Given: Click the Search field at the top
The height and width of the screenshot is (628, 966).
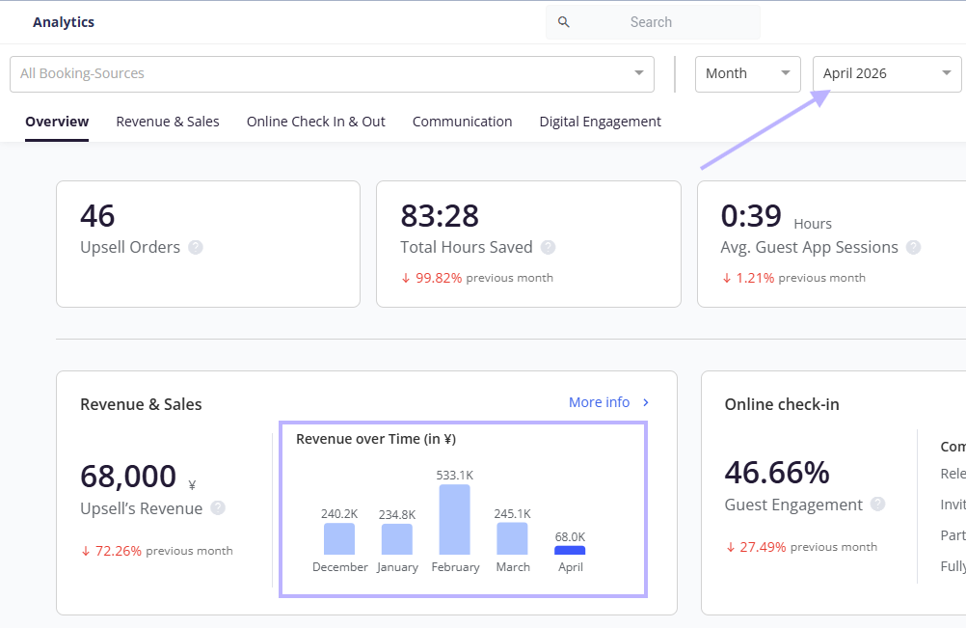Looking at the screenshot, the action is (x=653, y=22).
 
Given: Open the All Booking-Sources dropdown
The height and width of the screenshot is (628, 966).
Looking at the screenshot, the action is (x=332, y=74).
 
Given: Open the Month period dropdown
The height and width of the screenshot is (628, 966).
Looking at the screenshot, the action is (x=748, y=74).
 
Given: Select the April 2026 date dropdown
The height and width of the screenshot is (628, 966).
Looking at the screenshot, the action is (x=887, y=74).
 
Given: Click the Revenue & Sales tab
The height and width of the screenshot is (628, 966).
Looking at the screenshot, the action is (x=168, y=122).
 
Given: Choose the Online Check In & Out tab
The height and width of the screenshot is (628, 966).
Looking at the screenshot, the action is (x=316, y=122).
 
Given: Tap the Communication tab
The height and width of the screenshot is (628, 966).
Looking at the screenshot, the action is (x=462, y=122).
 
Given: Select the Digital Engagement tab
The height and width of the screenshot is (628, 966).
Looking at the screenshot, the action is (x=600, y=122).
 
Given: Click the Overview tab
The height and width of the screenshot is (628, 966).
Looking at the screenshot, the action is (x=57, y=122).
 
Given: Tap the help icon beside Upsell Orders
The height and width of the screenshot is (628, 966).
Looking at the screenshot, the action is (x=196, y=247).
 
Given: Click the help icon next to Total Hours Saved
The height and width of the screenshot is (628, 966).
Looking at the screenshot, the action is (x=548, y=247).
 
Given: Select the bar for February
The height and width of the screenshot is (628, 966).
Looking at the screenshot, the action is (x=455, y=520).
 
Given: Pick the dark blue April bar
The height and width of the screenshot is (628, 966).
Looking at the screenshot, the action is (x=570, y=551).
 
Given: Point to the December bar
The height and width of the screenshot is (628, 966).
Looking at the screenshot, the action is (x=339, y=538).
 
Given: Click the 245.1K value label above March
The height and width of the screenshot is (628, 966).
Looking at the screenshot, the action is (x=512, y=514).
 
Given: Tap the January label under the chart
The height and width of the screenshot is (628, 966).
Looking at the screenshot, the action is (x=397, y=567).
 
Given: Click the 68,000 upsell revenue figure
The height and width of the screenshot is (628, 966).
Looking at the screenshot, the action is (x=128, y=477).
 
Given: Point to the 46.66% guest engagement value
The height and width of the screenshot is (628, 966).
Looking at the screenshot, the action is (x=777, y=473).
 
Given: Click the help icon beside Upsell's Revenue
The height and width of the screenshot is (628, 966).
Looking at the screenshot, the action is (x=218, y=507).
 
